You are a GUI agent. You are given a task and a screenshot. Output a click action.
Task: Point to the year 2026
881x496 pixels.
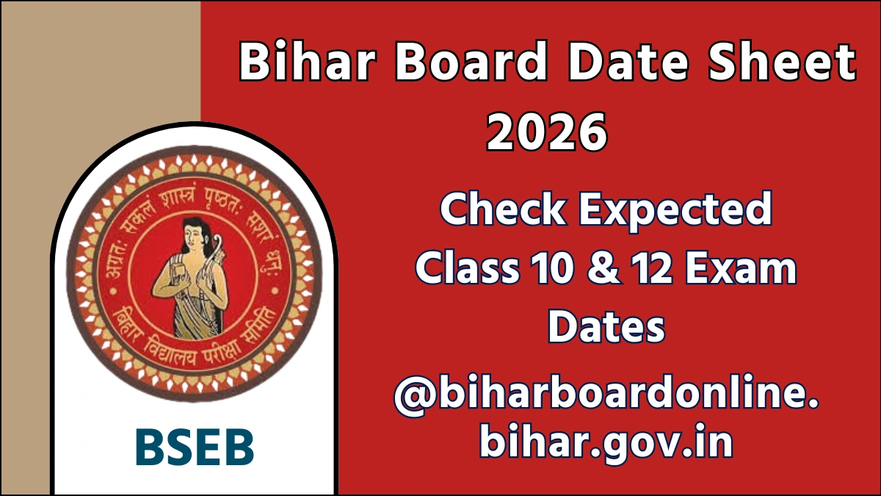point(547,132)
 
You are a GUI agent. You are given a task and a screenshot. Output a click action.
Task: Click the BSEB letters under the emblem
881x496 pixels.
point(195,446)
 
